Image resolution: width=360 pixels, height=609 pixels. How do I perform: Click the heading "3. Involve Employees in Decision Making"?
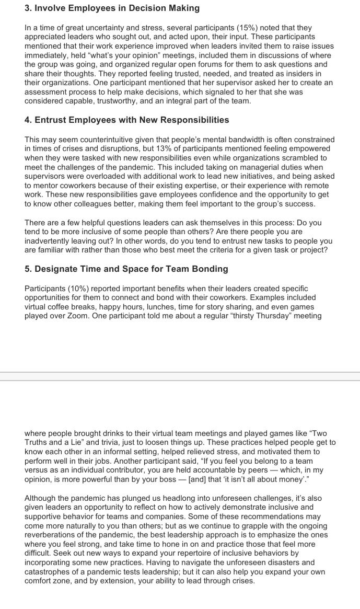click(x=112, y=8)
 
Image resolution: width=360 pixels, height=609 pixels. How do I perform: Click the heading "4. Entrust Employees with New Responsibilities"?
click(x=126, y=120)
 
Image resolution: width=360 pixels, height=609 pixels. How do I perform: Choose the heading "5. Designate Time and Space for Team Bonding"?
click(x=126, y=269)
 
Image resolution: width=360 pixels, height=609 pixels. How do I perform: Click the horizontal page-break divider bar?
click(x=180, y=376)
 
